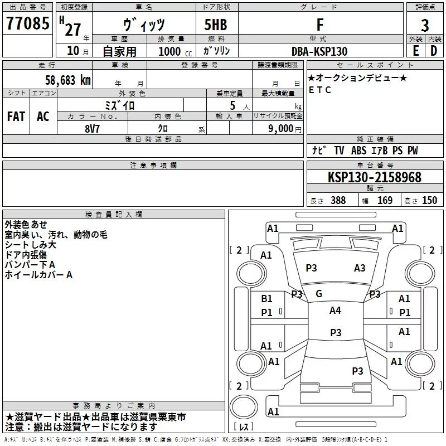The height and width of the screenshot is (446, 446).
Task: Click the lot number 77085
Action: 28,24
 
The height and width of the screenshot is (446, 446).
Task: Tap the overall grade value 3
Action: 425,25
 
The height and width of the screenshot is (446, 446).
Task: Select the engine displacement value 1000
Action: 169,51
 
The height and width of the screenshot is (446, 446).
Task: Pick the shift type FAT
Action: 16,117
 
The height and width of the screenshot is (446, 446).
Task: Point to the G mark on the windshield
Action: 319,294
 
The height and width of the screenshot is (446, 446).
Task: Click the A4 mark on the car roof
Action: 335,311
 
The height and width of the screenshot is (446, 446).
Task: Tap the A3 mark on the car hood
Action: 360,268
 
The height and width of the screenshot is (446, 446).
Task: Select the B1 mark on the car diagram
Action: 266,299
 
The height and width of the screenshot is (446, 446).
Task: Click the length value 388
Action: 338,201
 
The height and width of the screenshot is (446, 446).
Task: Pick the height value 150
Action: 429,201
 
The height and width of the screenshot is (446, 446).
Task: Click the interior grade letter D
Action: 434,51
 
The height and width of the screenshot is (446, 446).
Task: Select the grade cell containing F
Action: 319,25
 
